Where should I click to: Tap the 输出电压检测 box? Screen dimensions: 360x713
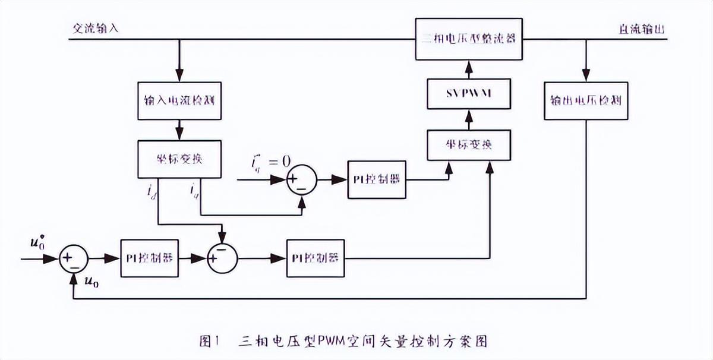pos(586,100)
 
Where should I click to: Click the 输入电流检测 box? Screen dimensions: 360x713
pos(179,100)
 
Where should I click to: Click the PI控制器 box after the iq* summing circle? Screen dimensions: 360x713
pos(377,179)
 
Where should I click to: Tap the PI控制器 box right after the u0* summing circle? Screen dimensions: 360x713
pos(149,258)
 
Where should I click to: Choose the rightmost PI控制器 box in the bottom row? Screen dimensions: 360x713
pos(316,258)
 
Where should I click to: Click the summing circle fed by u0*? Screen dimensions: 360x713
pos(74,258)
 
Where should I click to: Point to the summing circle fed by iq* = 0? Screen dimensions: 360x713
pos(302,179)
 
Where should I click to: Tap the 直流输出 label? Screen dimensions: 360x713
pos(642,29)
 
